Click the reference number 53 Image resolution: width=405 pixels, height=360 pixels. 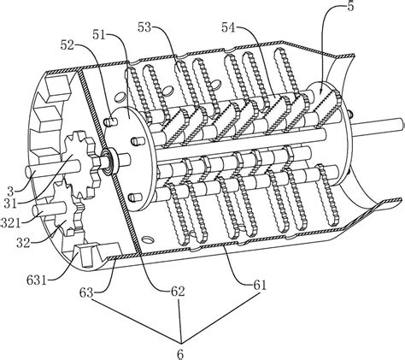point(144,27)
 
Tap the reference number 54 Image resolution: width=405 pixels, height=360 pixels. point(229,27)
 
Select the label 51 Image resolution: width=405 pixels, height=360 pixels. point(99,35)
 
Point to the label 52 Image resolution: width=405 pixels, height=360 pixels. point(67,44)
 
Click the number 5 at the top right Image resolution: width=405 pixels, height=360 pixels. point(350,6)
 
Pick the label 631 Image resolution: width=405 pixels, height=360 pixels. point(37,280)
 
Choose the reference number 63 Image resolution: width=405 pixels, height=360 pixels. point(86,292)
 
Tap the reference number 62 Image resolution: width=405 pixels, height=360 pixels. point(178,292)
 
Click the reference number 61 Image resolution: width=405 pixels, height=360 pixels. point(260,285)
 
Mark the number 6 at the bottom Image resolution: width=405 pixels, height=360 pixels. point(180,354)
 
